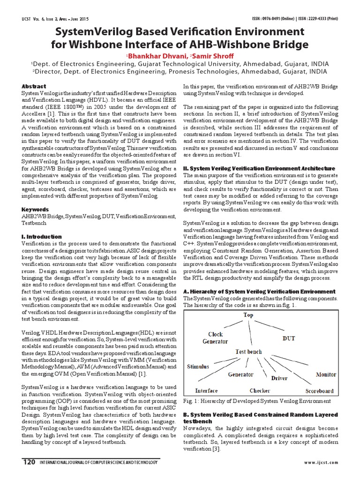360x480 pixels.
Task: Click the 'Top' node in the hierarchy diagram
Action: pos(248,315)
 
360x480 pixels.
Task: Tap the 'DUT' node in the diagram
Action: pos(288,337)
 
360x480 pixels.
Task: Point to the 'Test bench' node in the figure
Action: pos(248,351)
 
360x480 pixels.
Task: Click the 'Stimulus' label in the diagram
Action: pos(198,366)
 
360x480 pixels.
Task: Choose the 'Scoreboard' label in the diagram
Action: pos(319,390)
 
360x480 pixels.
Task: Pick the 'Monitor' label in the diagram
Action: pos(325,375)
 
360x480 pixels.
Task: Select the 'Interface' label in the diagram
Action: pos(206,390)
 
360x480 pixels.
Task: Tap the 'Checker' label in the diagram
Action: pos(259,390)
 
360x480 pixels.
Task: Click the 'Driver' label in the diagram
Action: pos(279,377)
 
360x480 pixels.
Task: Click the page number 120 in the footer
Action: pos(29,462)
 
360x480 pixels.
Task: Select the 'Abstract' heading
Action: pos(34,86)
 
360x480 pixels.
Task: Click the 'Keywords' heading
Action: pos(35,209)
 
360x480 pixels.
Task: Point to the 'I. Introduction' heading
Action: pos(41,237)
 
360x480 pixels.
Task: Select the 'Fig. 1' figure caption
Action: pos(257,401)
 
